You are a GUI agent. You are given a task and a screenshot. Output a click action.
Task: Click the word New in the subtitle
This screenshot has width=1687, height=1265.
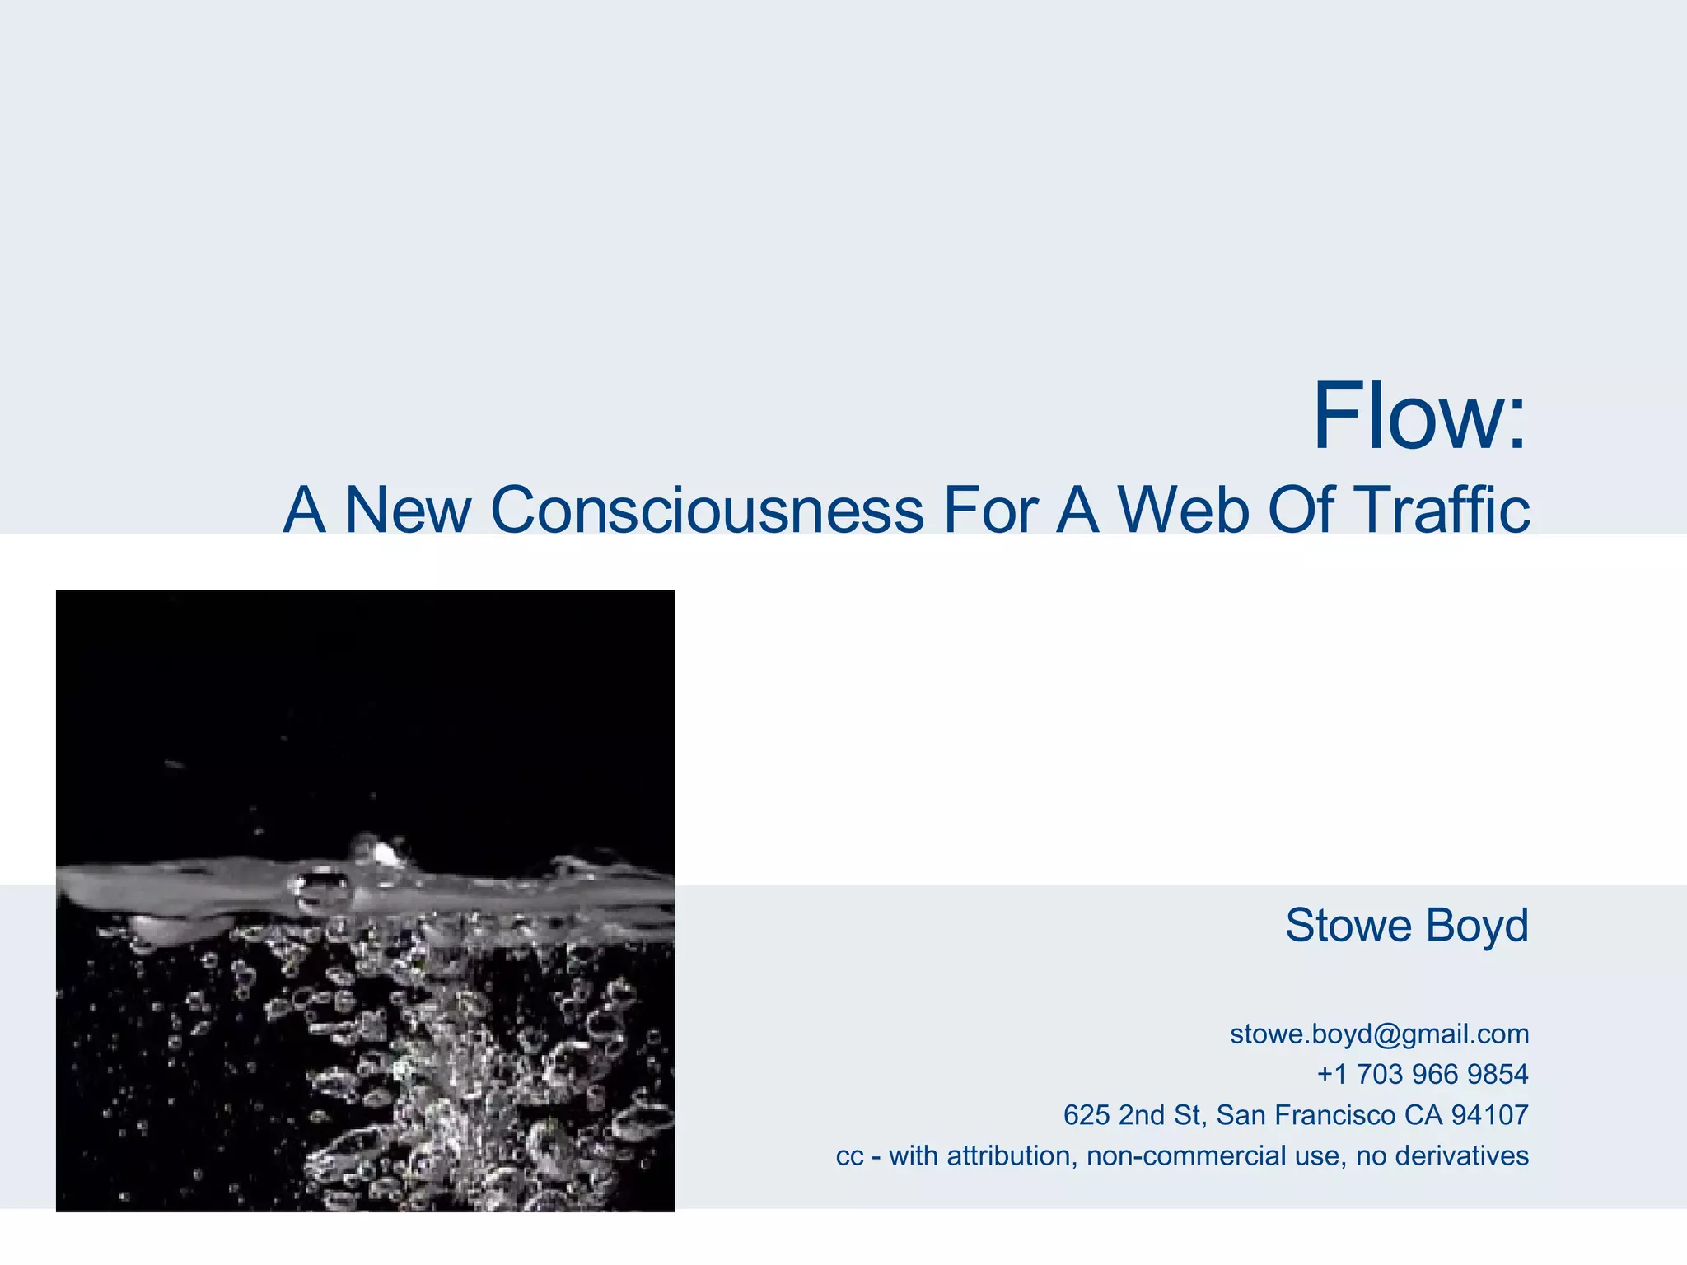407,510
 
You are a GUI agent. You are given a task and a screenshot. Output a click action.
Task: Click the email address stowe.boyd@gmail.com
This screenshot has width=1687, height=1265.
1379,1034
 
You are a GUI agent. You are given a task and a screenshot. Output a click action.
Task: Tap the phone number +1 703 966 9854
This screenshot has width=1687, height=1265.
1423,1075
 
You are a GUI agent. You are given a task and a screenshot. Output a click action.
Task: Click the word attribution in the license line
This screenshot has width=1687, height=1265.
1012,1156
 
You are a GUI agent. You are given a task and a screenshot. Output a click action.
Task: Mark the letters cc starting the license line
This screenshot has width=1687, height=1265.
849,1157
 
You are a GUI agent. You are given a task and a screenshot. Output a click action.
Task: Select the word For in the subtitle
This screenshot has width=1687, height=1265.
991,510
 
